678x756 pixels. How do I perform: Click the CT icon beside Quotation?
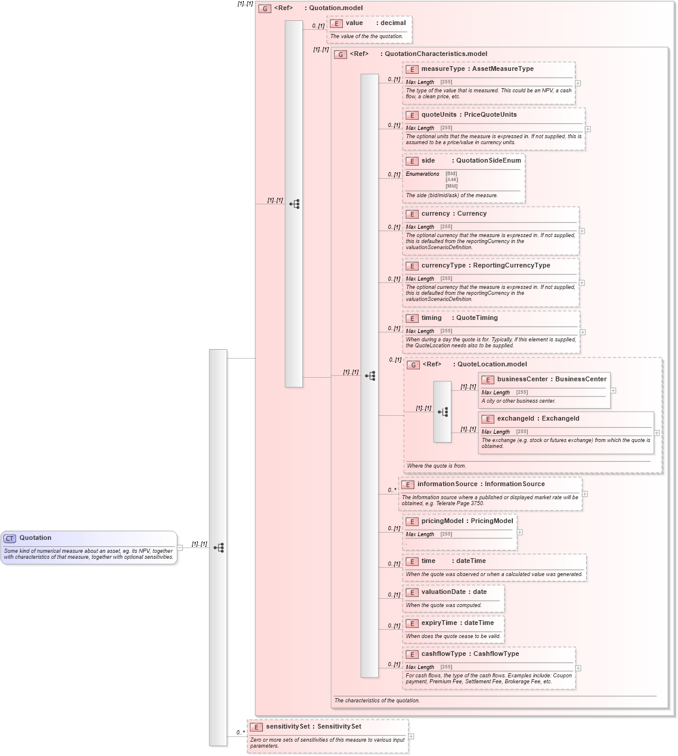[10, 539]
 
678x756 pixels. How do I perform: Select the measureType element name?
[442, 69]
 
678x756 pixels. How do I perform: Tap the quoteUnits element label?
[438, 115]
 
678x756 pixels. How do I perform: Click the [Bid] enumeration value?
[451, 174]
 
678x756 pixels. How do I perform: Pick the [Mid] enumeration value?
[451, 186]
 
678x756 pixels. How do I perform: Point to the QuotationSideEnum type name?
[488, 161]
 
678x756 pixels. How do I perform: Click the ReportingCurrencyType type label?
[511, 266]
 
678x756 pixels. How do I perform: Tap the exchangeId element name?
[515, 419]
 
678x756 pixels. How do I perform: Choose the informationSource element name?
[447, 484]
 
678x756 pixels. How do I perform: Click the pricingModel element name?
[442, 521]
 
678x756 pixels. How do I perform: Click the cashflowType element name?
[444, 654]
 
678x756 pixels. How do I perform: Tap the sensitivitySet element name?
[287, 727]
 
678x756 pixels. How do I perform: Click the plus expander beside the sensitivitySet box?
[411, 737]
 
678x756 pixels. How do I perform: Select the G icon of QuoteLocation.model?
[413, 365]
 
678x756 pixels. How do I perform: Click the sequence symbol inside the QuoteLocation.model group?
[442, 412]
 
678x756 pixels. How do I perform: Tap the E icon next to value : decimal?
[336, 24]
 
